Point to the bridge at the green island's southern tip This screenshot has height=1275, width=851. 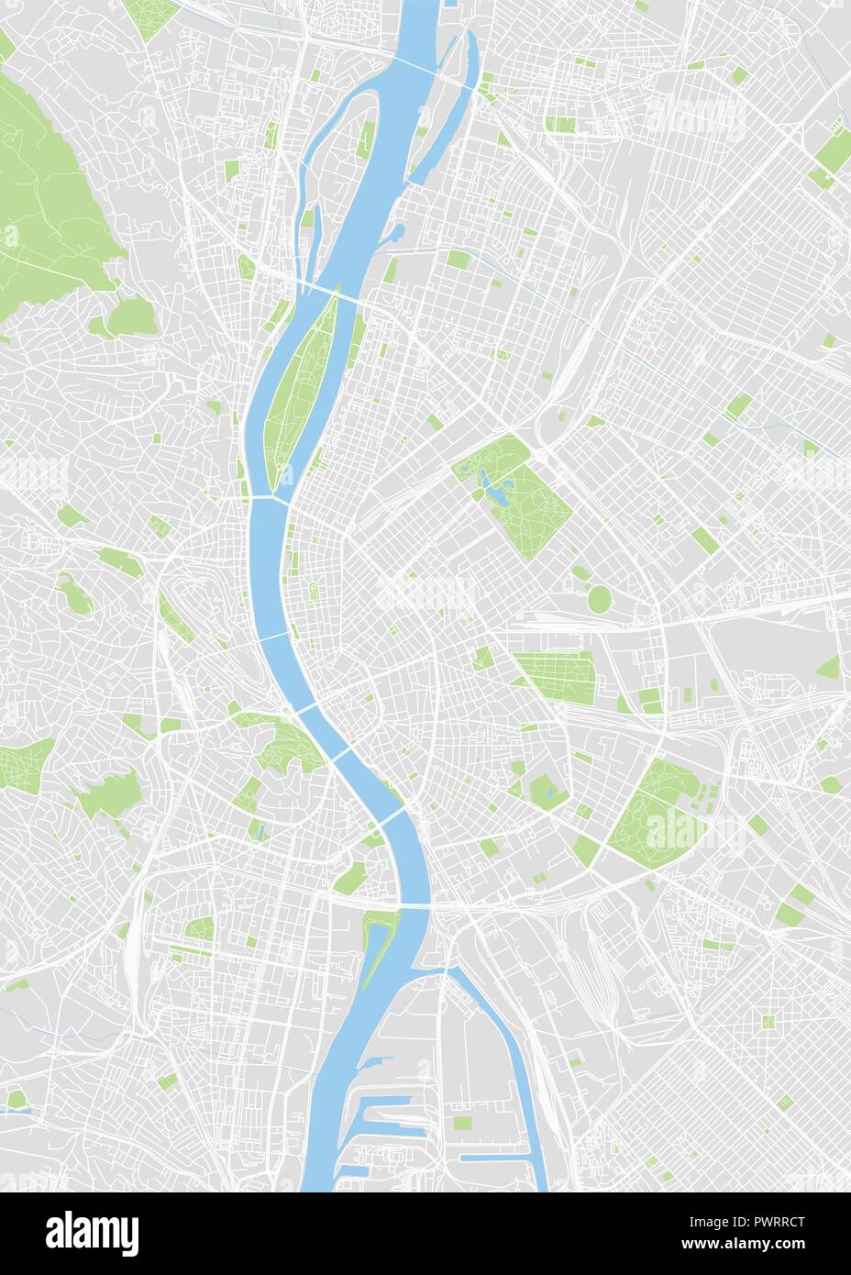(271, 497)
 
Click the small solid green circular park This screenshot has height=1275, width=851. (599, 600)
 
